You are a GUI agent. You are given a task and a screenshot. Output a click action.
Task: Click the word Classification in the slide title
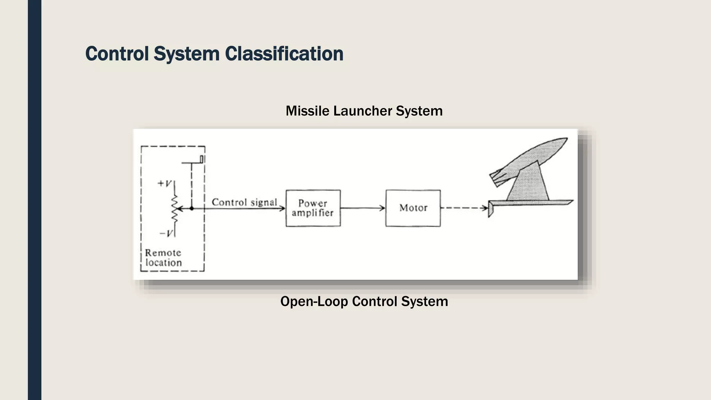coord(284,54)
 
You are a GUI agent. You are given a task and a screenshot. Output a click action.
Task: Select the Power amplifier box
coord(313,208)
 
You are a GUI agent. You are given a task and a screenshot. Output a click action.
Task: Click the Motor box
coord(413,208)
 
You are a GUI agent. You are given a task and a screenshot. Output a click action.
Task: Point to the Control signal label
coord(244,202)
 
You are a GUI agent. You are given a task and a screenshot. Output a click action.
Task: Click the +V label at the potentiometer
coord(164,183)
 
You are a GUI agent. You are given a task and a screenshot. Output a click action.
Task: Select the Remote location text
coord(163,258)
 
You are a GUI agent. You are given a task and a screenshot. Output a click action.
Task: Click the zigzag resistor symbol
coord(175,209)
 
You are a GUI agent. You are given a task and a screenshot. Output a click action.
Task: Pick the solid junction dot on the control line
coord(192,208)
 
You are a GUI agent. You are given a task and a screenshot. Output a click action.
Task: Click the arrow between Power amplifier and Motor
coord(363,208)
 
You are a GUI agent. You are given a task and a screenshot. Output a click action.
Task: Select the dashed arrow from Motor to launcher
coord(464,208)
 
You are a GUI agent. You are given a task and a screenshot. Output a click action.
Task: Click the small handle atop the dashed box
coord(202,159)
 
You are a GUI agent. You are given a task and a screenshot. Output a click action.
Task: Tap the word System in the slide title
coord(186,54)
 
